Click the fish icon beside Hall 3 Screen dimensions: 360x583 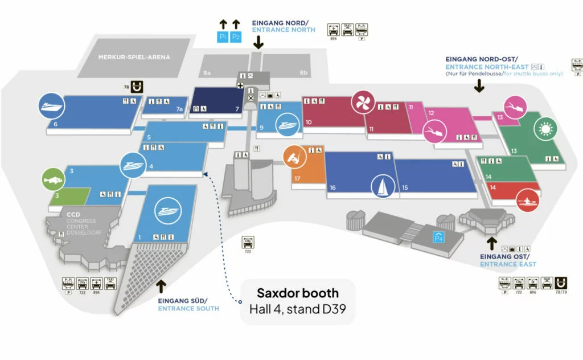point(50,179)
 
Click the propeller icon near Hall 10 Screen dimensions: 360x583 point(361,103)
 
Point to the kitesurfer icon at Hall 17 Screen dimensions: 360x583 point(294,157)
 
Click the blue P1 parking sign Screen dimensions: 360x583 point(223,37)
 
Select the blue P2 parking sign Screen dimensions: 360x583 point(236,37)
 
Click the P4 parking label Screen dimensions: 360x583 point(438,238)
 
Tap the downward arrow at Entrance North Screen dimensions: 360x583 point(258,41)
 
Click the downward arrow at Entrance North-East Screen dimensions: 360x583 point(479,85)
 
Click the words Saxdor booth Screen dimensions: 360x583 point(298,293)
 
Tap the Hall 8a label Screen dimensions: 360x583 point(207,73)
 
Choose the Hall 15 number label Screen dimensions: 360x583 point(405,188)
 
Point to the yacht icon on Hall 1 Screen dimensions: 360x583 point(168,211)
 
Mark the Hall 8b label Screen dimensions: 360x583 point(303,73)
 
